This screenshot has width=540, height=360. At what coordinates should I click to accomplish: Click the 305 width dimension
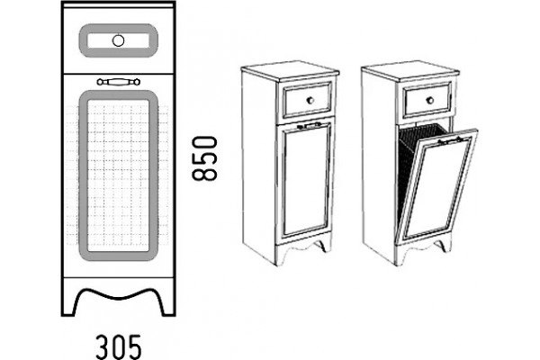click(x=118, y=346)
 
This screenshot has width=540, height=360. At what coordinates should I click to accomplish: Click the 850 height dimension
click(x=204, y=158)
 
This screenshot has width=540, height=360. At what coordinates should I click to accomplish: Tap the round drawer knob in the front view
click(x=118, y=40)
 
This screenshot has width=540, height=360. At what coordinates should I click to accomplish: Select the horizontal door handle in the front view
click(x=119, y=82)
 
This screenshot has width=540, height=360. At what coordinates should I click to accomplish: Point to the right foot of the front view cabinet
click(x=168, y=303)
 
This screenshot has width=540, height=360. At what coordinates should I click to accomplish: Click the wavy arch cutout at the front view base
click(x=118, y=292)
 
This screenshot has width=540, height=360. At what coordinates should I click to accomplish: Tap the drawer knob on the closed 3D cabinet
click(x=310, y=100)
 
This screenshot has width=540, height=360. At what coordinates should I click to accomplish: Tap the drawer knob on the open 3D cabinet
click(x=430, y=100)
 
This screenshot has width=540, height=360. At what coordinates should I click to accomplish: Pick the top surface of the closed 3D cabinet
click(x=290, y=70)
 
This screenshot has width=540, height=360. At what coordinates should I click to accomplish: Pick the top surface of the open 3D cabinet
click(x=410, y=70)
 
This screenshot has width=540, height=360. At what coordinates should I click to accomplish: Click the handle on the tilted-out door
click(x=450, y=139)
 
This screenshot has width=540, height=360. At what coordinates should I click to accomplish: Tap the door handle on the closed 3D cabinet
click(x=309, y=125)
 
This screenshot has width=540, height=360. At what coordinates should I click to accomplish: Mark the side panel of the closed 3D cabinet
click(x=259, y=166)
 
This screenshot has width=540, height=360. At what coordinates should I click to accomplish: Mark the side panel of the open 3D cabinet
click(x=379, y=166)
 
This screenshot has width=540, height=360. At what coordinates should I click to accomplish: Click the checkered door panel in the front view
click(x=118, y=175)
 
